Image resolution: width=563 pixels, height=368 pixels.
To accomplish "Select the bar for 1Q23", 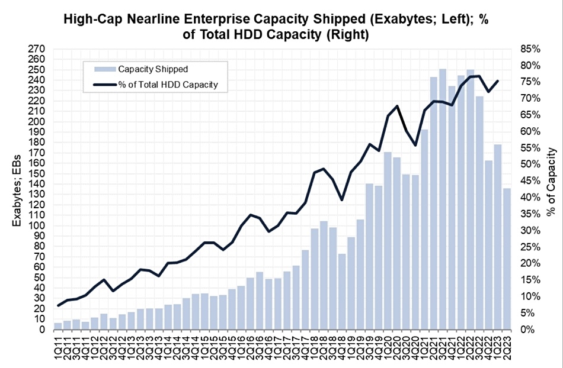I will pos(497,237).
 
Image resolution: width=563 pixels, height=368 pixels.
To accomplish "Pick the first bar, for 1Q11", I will pos(58,326).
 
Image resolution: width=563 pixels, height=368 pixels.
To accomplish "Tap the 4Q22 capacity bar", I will pos(488,245).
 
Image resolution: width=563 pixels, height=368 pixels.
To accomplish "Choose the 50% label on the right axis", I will pos(529,164).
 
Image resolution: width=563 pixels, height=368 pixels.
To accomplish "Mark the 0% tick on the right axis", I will pos(527,329).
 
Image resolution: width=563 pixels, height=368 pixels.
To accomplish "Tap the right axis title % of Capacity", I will pos(551,181).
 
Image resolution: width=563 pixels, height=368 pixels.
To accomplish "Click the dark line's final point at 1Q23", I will pos(497,81).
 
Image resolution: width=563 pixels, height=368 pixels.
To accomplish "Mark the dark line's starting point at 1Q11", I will pos(58,305).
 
